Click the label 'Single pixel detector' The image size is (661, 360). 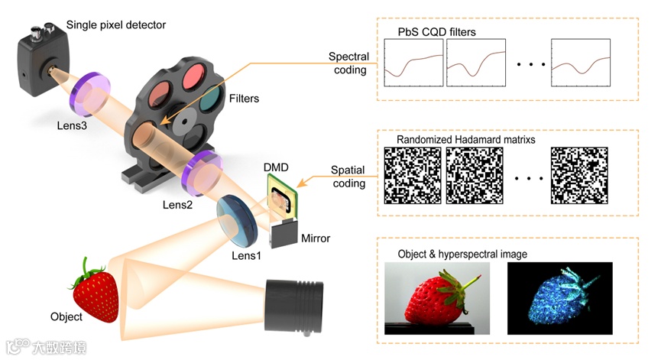[x=116, y=25]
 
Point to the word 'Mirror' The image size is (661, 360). [x=315, y=238]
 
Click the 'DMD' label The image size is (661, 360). [x=275, y=167]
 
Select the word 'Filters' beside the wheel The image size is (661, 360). [x=244, y=99]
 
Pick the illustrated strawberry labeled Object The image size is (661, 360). [x=96, y=291]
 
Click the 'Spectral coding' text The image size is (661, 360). [x=348, y=63]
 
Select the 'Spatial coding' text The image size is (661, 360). [x=348, y=177]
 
